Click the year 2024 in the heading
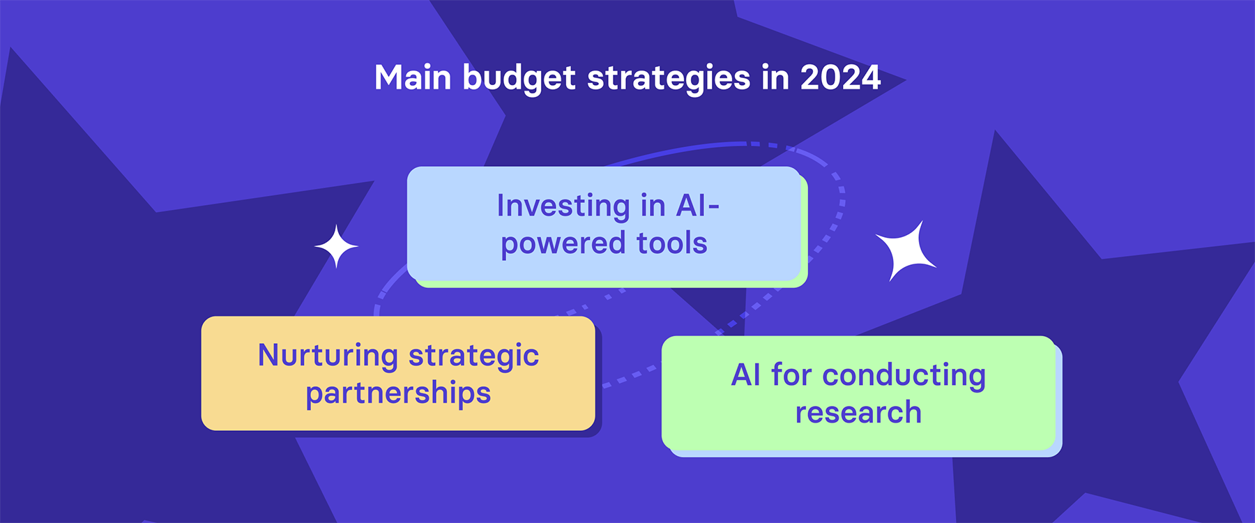(x=840, y=77)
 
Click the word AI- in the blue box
(x=697, y=206)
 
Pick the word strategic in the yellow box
(x=473, y=356)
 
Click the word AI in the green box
(x=745, y=375)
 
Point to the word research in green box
(x=858, y=413)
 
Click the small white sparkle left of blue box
(x=336, y=246)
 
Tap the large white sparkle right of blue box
(x=906, y=251)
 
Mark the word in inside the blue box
(x=653, y=206)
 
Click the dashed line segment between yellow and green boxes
(x=629, y=377)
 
